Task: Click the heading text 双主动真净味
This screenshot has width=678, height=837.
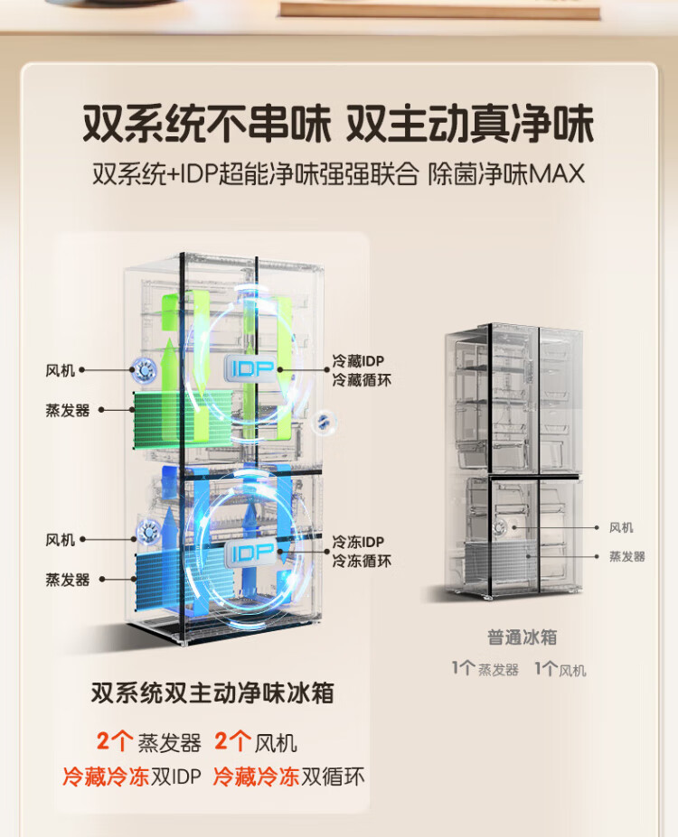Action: [468, 123]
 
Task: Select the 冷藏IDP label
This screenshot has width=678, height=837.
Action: [362, 362]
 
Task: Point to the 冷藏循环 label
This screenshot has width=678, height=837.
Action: [362, 380]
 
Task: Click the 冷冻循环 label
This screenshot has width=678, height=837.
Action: [362, 561]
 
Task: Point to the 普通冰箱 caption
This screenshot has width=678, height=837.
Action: [522, 637]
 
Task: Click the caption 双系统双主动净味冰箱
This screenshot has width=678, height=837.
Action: [212, 693]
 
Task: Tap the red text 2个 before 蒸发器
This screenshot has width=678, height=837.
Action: [115, 742]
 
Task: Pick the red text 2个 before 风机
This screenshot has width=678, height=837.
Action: [233, 742]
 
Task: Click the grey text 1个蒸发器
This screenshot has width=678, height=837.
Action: [485, 670]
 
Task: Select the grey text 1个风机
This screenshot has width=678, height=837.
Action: [560, 670]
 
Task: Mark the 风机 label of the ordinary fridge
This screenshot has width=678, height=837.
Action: [621, 527]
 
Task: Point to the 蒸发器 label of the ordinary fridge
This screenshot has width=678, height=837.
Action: [626, 557]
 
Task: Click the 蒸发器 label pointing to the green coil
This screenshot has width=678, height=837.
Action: [68, 410]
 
